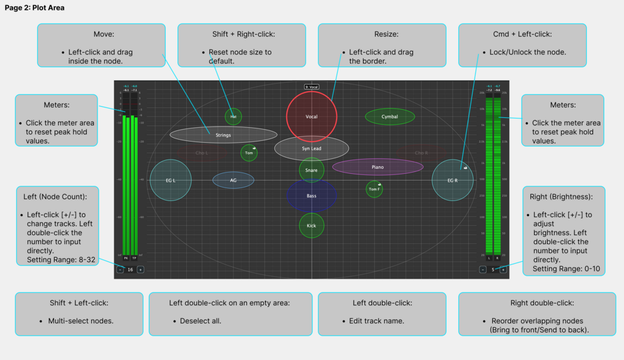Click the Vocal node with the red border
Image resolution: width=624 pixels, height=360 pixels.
tap(312, 117)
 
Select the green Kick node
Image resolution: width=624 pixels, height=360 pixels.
tap(312, 226)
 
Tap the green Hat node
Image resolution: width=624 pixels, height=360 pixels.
tap(233, 116)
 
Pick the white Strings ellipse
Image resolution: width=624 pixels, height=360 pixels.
tap(224, 135)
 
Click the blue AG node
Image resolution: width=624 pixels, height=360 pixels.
tap(233, 181)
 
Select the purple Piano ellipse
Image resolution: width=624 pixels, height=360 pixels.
tap(378, 167)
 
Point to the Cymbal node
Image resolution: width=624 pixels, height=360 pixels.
tap(390, 117)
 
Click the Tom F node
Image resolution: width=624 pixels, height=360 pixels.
tap(374, 189)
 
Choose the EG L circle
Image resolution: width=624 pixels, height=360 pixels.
tap(171, 181)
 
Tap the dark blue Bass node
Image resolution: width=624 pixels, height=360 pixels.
tap(312, 196)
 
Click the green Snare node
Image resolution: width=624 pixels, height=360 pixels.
tap(312, 170)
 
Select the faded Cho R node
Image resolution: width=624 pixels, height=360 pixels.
tap(421, 153)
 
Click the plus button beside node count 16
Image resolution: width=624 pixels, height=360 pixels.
tap(141, 270)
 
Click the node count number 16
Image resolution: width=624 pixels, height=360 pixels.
tap(130, 270)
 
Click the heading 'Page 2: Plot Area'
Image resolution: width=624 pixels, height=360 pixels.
tap(35, 8)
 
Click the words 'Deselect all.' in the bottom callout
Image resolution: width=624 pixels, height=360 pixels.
tap(201, 321)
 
